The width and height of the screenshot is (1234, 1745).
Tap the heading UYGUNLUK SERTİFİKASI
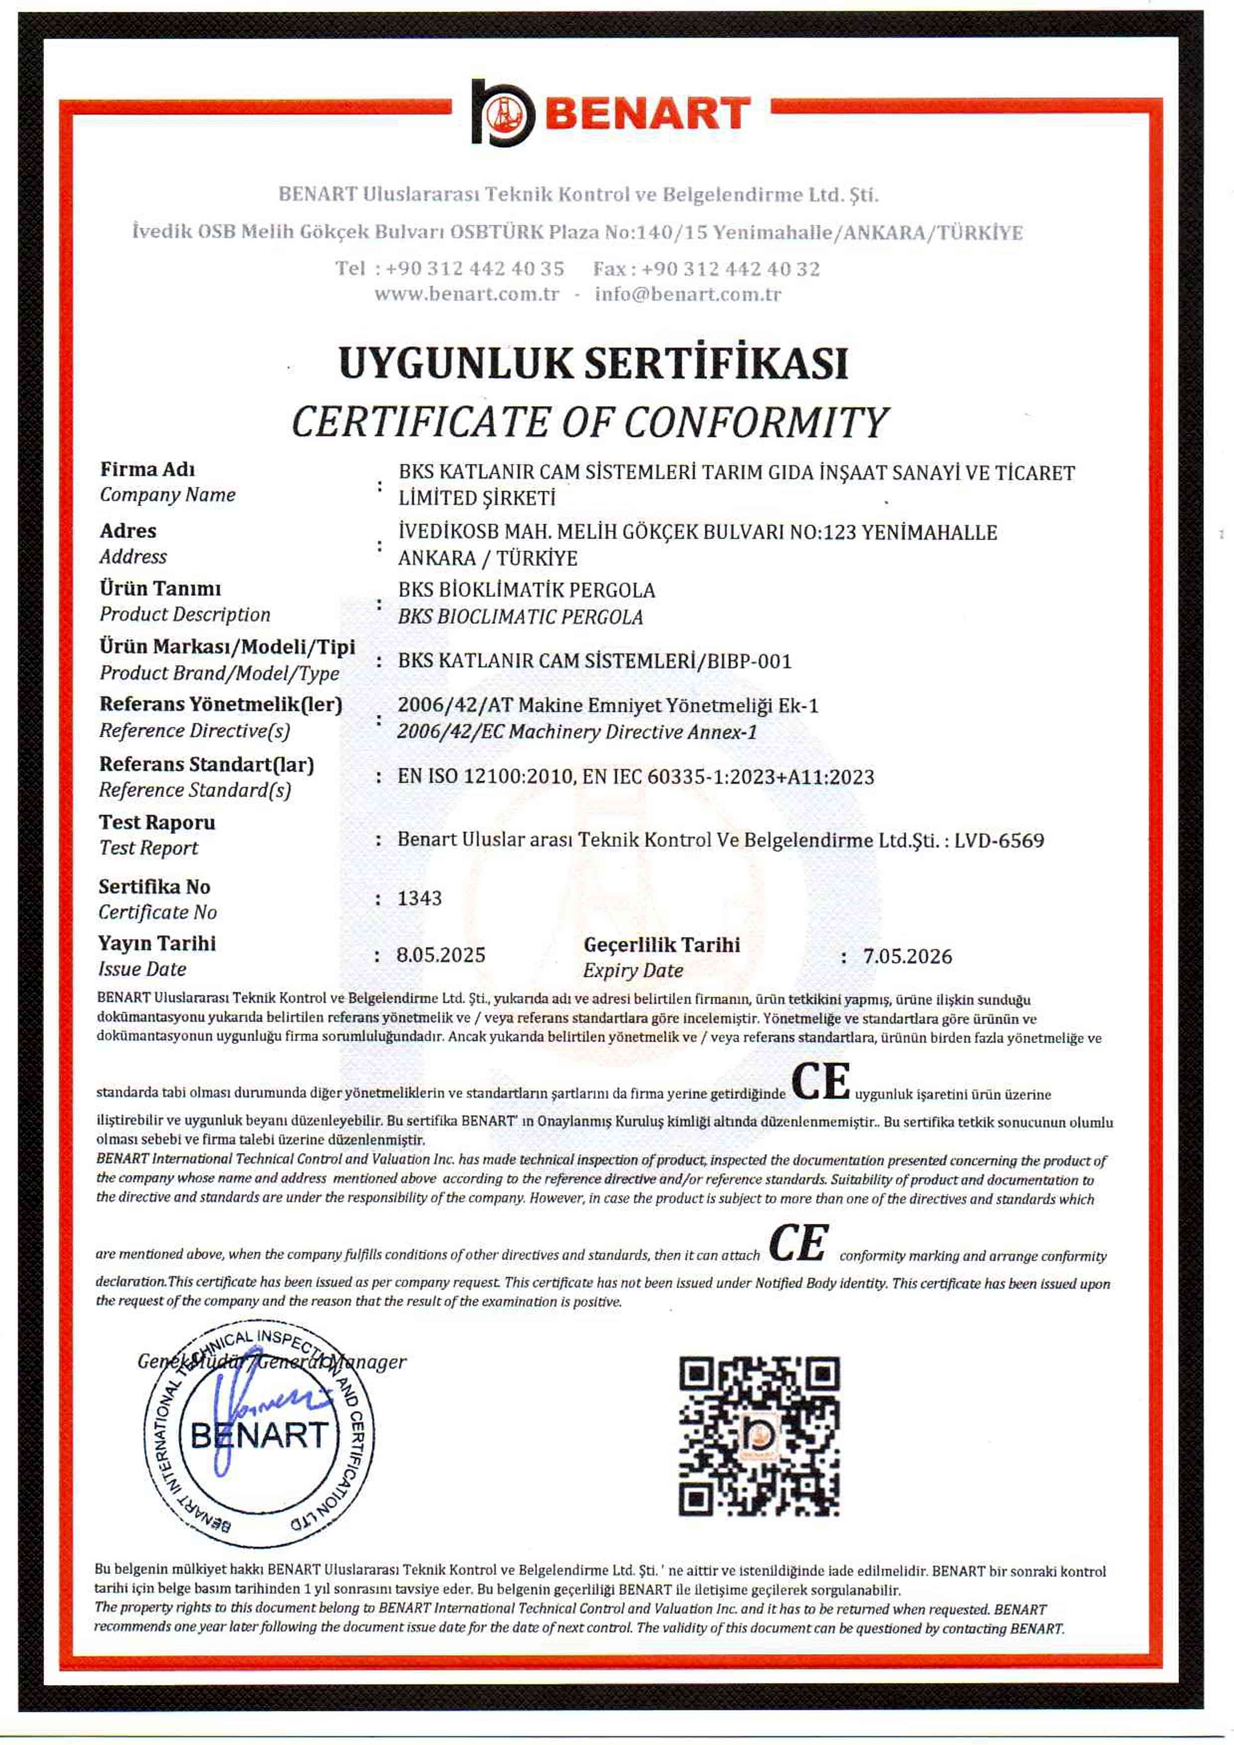pos(593,363)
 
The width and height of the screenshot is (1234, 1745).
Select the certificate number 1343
pos(420,898)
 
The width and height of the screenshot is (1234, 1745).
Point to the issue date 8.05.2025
pos(441,955)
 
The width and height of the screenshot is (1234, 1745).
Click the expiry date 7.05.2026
pos(907,956)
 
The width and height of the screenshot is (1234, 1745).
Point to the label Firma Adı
pos(147,469)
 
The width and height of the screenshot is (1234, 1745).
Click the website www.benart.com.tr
pos(466,294)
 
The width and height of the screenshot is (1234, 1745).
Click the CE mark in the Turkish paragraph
pos(821,1082)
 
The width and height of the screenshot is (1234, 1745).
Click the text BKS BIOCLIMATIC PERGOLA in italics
pos(521,617)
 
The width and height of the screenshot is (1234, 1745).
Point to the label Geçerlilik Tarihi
pos(661,945)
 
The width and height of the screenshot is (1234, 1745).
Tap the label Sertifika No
pos(154,887)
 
